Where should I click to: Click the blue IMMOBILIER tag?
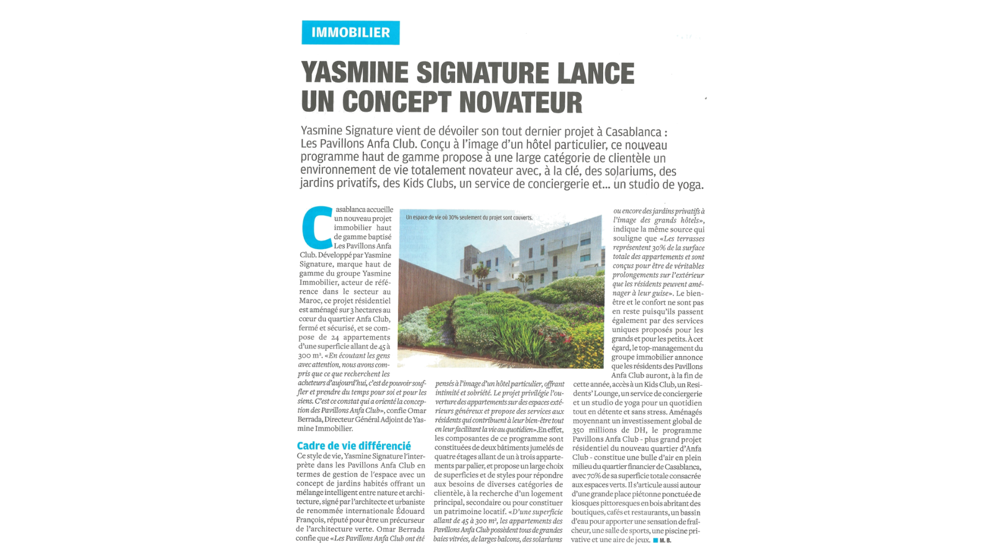(x=350, y=33)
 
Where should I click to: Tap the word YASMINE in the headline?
(x=355, y=73)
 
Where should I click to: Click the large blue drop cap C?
(x=317, y=227)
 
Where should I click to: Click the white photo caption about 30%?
(x=469, y=218)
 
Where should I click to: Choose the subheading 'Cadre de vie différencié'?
(x=353, y=446)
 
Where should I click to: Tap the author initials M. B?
(x=665, y=540)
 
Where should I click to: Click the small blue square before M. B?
(x=655, y=540)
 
